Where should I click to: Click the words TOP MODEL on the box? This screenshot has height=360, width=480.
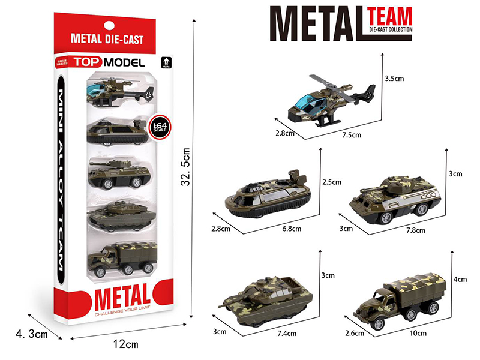click(x=109, y=62)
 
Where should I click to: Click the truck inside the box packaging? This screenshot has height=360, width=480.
click(x=122, y=259)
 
